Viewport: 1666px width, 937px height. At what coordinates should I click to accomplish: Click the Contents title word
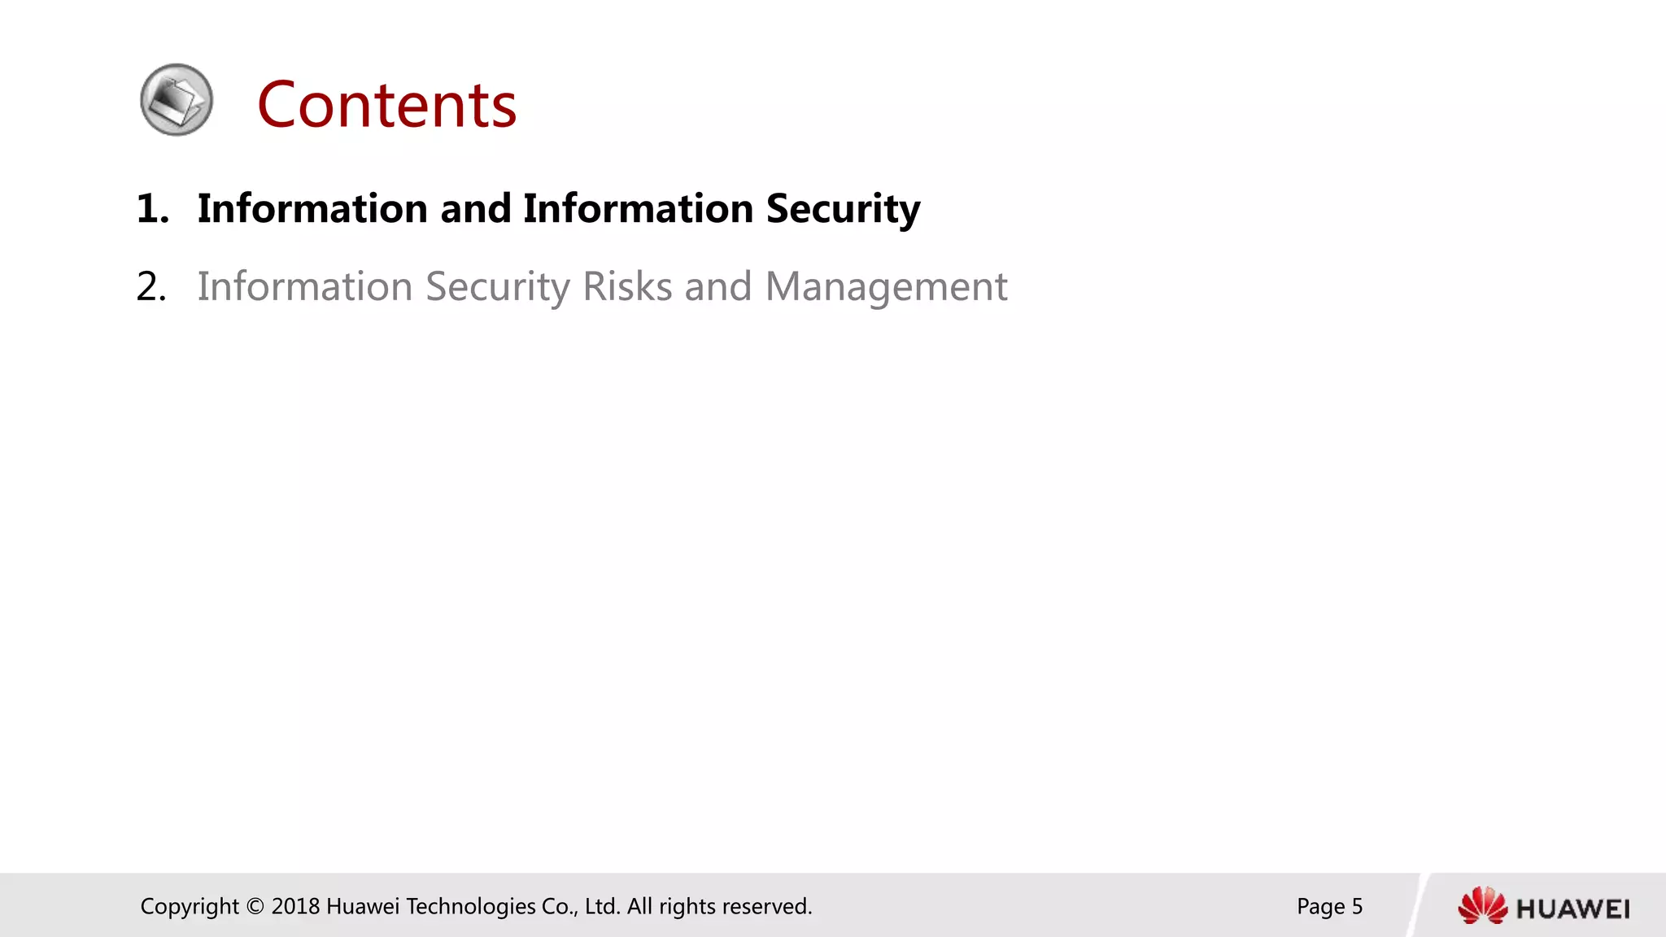[386, 105]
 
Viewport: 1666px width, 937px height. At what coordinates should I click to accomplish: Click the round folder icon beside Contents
[177, 100]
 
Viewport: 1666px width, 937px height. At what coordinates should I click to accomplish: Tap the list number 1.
[152, 209]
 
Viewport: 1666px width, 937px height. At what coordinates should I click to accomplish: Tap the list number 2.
[151, 287]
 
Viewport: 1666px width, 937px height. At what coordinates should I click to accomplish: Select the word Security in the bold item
[843, 209]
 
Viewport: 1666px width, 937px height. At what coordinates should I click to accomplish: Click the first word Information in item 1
[312, 209]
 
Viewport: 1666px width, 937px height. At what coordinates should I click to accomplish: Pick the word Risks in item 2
[627, 287]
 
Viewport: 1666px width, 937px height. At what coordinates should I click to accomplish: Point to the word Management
[886, 287]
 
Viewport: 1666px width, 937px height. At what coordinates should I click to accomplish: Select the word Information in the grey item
[305, 287]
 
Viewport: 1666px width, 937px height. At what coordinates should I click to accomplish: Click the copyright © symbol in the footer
[255, 907]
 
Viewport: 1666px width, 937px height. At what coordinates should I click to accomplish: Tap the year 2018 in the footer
[295, 907]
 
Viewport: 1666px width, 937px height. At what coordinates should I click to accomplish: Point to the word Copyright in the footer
[190, 907]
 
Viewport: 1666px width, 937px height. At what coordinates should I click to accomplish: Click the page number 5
[1357, 907]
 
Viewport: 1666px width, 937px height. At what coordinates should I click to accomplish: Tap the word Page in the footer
[1320, 907]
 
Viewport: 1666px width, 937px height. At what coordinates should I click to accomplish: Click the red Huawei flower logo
[1482, 905]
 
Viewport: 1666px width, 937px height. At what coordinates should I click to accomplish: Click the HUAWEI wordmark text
[1572, 909]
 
